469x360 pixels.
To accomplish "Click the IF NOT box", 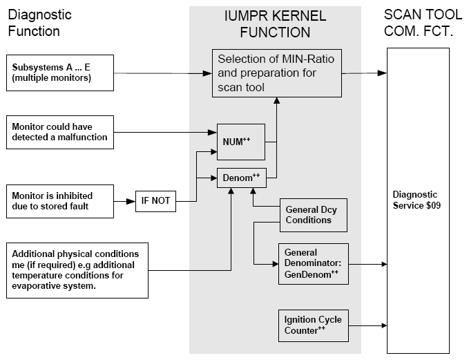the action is point(155,201).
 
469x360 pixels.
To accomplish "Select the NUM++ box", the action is point(241,142).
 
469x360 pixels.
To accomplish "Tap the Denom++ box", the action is point(241,178).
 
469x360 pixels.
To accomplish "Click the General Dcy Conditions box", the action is point(313,215).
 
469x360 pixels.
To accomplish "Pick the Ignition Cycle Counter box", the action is point(313,325).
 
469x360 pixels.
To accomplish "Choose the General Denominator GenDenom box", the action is point(313,264).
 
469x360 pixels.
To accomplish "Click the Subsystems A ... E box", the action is point(60,73).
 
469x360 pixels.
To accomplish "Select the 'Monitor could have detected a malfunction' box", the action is point(60,132).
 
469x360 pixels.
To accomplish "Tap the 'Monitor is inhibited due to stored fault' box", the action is point(60,201).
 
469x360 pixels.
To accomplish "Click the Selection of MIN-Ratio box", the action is point(277,73).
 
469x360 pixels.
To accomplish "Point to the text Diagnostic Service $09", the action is point(417,200).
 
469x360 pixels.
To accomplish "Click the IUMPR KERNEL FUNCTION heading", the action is point(275,24).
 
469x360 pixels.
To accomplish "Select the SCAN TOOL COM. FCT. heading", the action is point(423,23).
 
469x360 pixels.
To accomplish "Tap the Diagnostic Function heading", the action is point(39,23).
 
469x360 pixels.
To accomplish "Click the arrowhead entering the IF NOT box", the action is point(131,201).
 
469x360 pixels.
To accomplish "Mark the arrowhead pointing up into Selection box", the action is point(277,100).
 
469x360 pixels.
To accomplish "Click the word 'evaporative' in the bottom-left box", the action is point(31,286).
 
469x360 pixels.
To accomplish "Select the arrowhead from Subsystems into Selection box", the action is point(207,73).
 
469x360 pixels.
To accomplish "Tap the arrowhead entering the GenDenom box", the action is point(276,264).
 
